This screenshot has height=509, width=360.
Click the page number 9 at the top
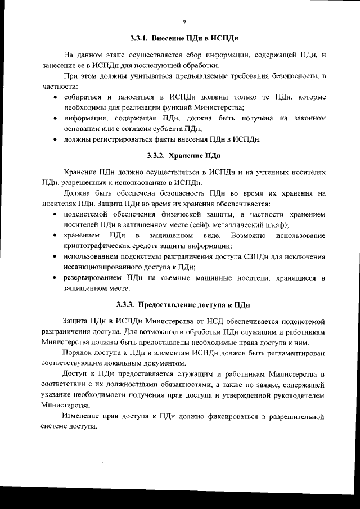pyautogui.click(x=184, y=22)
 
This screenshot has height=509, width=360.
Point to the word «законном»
pyautogui.click(x=307, y=118)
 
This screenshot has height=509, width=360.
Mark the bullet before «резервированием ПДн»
pyautogui.click(x=54, y=278)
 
